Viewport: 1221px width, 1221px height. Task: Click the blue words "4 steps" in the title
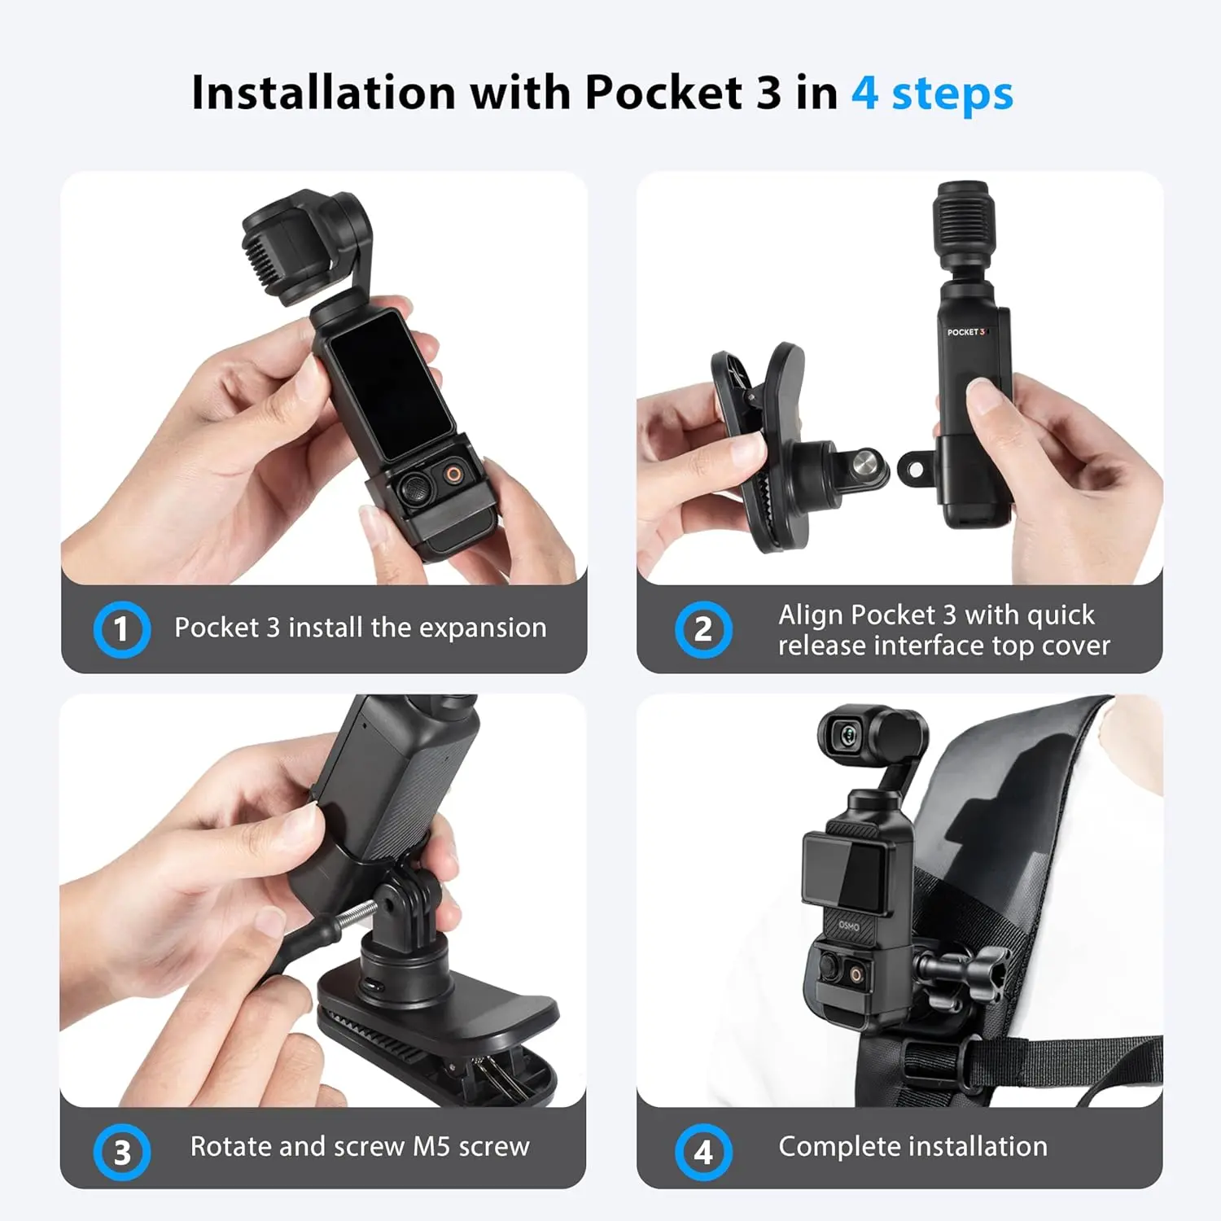pyautogui.click(x=932, y=94)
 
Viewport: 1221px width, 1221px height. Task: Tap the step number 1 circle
pyautogui.click(x=121, y=629)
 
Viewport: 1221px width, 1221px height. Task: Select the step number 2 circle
pyautogui.click(x=703, y=629)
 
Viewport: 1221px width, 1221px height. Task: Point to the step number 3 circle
pyautogui.click(x=121, y=1152)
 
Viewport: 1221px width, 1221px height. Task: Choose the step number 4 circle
pyautogui.click(x=703, y=1152)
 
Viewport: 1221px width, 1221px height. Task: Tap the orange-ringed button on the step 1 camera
pyautogui.click(x=452, y=475)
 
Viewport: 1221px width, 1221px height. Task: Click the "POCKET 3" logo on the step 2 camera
pyautogui.click(x=966, y=332)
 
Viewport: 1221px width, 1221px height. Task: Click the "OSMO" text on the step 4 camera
pyautogui.click(x=849, y=926)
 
